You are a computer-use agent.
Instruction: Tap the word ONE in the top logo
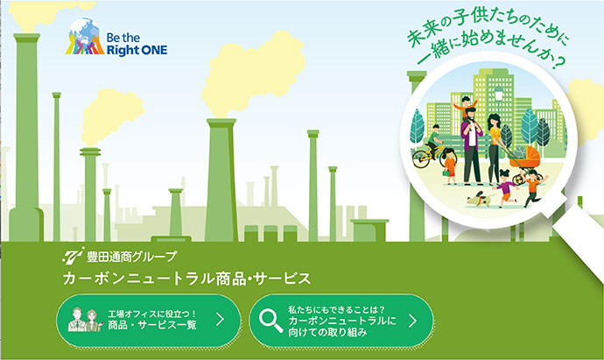click(x=152, y=50)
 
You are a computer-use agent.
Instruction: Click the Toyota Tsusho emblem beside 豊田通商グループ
click(x=74, y=255)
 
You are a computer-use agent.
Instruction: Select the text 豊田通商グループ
click(x=131, y=257)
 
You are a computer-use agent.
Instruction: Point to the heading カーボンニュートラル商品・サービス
click(x=186, y=279)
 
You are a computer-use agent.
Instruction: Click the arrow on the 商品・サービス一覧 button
click(x=220, y=319)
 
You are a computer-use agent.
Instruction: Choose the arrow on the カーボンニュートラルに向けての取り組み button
click(x=412, y=321)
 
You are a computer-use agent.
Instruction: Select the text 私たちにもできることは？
click(x=337, y=310)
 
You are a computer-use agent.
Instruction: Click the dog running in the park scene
click(x=480, y=199)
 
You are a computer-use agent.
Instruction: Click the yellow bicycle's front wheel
click(x=421, y=159)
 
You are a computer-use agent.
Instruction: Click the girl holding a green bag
click(x=449, y=166)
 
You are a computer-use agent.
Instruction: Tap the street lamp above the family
click(x=498, y=94)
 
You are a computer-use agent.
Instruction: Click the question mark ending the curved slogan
click(x=558, y=61)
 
